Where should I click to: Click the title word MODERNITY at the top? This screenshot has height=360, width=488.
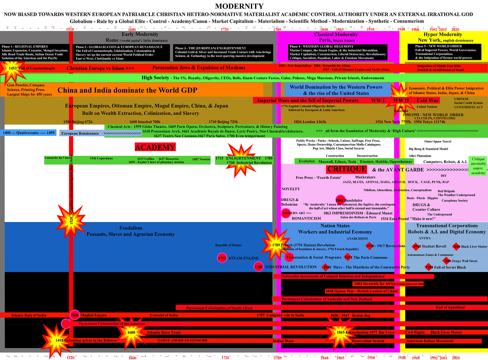[x=239, y=6]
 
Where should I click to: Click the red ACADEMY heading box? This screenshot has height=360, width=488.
[x=155, y=147]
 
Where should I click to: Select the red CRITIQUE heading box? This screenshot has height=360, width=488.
[x=347, y=169]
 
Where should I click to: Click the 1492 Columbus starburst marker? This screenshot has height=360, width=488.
[x=55, y=340]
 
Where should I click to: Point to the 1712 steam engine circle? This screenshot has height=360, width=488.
[x=222, y=258]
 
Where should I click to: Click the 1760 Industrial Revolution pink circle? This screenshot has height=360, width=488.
[x=258, y=267]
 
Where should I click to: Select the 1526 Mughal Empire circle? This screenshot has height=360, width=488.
[x=74, y=315]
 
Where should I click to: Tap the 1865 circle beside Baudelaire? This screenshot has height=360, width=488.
[x=340, y=200]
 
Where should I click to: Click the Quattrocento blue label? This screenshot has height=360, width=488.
[x=29, y=133]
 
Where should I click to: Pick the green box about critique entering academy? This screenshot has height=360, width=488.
[x=478, y=166]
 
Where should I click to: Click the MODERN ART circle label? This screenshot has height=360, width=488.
[x=286, y=213]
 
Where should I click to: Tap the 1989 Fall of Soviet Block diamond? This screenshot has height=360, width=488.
[x=429, y=267]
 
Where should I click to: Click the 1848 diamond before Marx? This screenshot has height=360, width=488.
[x=326, y=267]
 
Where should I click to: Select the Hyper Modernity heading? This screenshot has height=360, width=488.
[x=442, y=34]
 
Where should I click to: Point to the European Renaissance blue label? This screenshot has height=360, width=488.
[x=80, y=133]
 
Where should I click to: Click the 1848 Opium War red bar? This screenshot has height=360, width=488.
[x=361, y=291]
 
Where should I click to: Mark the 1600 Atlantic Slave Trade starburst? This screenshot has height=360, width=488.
[x=131, y=332]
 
